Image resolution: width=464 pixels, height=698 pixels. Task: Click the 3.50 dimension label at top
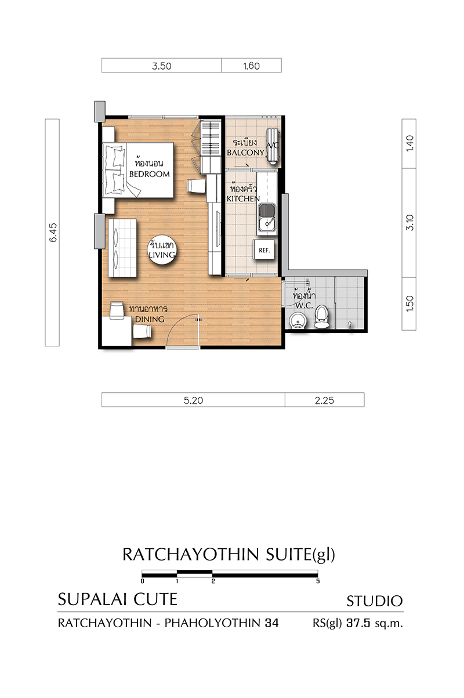tap(161, 66)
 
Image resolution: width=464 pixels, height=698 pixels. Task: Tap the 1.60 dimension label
tap(251, 66)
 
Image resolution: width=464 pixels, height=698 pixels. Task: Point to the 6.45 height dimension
tap(53, 233)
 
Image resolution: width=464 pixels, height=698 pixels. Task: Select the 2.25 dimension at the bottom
tap(324, 400)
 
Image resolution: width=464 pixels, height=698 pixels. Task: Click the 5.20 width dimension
tap(193, 400)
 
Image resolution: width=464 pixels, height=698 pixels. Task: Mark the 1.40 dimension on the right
tap(409, 143)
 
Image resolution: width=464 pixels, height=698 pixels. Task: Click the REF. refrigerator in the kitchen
tap(264, 249)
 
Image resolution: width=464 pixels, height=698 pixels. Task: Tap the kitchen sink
tap(267, 219)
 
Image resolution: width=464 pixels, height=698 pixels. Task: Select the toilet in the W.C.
tap(321, 317)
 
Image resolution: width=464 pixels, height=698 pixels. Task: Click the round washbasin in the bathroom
tap(298, 321)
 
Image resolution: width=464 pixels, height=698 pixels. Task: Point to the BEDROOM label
tap(149, 174)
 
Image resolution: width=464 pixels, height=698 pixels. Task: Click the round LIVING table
tap(161, 250)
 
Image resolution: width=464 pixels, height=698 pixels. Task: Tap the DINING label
tap(150, 319)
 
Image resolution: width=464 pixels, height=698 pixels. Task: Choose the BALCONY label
tap(245, 153)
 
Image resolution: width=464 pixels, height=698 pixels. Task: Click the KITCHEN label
tap(243, 199)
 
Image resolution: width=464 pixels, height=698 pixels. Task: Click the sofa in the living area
tap(122, 247)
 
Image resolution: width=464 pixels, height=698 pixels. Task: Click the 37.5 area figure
tap(358, 623)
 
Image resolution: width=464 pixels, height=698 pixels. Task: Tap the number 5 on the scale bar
tap(318, 581)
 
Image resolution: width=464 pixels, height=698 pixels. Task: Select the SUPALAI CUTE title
tap(118, 599)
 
